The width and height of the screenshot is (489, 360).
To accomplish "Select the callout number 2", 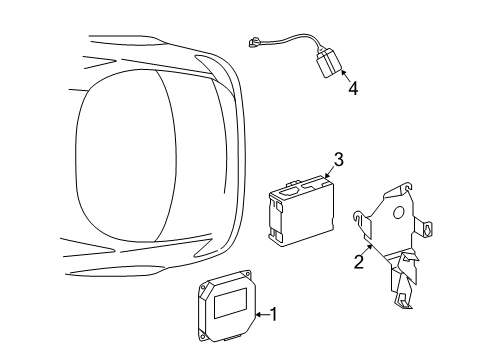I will click(x=358, y=263).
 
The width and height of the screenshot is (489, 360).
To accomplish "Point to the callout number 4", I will click(x=352, y=88).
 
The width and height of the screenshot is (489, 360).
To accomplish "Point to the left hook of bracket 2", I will click(x=358, y=216).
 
